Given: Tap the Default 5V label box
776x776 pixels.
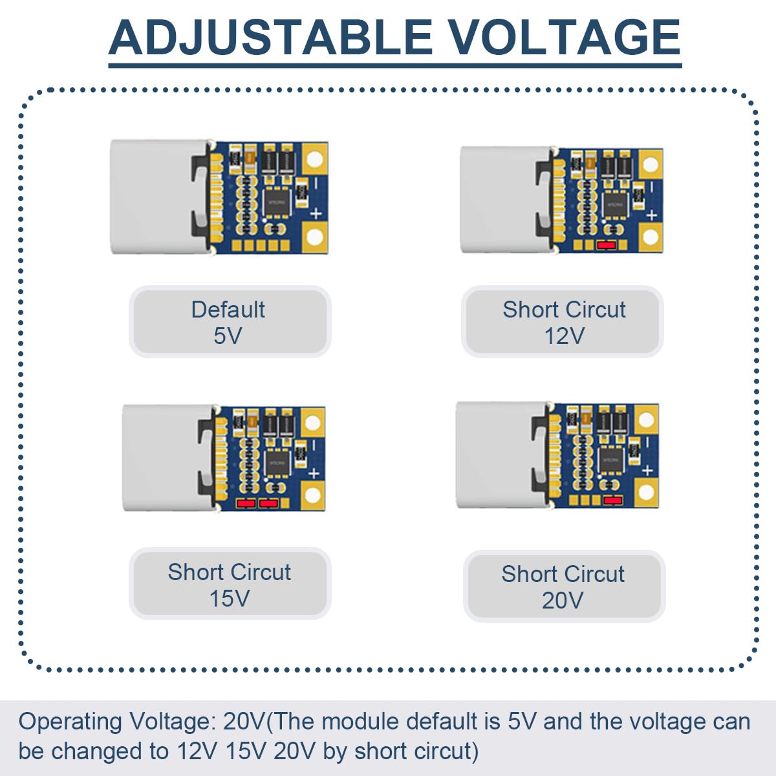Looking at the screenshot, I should pyautogui.click(x=230, y=322).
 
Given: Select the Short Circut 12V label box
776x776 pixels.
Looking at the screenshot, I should pyautogui.click(x=563, y=322).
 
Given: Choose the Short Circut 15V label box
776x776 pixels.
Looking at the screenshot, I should pyautogui.click(x=230, y=585).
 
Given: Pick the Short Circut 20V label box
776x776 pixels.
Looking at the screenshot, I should pyautogui.click(x=563, y=587).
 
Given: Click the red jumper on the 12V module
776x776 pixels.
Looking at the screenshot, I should pyautogui.click(x=606, y=245).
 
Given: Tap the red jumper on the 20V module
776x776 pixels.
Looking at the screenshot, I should pyautogui.click(x=612, y=499).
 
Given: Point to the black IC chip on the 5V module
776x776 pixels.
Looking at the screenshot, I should pyautogui.click(x=275, y=201).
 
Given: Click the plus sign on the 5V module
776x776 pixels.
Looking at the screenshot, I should pyautogui.click(x=316, y=213).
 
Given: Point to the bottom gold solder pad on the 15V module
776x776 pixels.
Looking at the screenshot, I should pyautogui.click(x=312, y=496).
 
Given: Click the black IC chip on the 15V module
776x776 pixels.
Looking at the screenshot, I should pyautogui.click(x=277, y=461).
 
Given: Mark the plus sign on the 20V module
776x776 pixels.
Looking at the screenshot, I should pyautogui.click(x=647, y=470).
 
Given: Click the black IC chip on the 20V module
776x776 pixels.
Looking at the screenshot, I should pyautogui.click(x=610, y=460).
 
